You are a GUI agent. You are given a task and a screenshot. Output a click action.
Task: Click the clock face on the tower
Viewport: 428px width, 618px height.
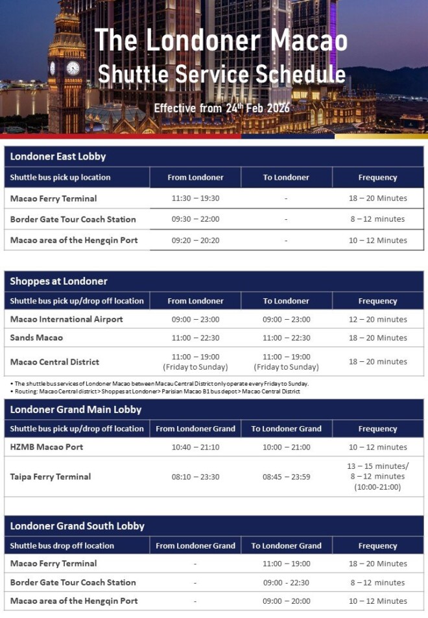[73, 68]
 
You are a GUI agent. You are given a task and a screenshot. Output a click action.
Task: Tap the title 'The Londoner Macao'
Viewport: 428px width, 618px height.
[220, 40]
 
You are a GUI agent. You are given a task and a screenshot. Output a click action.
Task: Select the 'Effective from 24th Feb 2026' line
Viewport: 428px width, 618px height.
[221, 108]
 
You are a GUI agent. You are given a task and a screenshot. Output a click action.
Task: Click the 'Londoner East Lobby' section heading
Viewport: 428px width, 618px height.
[58, 156]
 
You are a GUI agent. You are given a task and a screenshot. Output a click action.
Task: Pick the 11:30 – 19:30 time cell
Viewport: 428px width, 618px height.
[195, 198]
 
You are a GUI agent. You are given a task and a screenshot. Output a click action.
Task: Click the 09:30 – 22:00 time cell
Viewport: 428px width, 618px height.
[195, 219]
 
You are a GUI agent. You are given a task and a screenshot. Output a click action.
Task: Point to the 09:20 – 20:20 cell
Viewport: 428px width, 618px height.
[195, 241]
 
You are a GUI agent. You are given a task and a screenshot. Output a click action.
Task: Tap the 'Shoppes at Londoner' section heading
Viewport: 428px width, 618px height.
[59, 281]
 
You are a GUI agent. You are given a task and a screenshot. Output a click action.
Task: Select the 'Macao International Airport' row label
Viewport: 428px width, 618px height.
[67, 319]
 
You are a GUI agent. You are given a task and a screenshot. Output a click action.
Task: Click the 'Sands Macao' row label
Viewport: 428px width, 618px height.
[36, 338]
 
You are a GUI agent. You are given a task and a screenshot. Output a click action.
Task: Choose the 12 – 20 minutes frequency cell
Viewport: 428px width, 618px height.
[377, 319]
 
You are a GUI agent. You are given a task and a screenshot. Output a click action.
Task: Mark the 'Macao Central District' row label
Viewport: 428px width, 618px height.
[54, 362]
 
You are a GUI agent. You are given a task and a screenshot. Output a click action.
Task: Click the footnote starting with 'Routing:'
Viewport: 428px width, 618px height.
[156, 392]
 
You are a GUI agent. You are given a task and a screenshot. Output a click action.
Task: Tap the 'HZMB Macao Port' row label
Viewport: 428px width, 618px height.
[47, 447]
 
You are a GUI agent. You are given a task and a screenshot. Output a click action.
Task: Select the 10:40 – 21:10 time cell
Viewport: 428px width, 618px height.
[195, 447]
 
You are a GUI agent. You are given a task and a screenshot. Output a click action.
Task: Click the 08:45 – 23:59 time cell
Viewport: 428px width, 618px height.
[286, 477]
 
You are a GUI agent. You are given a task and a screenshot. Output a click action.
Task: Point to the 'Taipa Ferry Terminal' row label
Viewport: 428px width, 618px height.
[51, 477]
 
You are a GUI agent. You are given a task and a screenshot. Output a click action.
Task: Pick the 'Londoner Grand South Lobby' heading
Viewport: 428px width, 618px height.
[77, 526]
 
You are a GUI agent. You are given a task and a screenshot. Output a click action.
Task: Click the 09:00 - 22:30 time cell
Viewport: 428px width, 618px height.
[286, 582]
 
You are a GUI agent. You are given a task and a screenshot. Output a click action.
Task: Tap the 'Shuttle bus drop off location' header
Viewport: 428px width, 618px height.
[62, 546]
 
